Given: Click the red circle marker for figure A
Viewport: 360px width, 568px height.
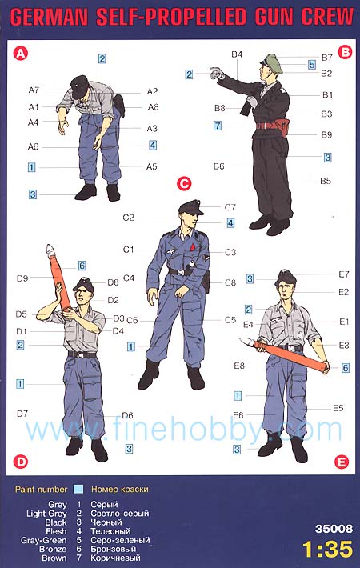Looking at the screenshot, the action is click(x=20, y=54).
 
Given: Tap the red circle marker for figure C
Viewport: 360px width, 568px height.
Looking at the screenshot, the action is click(x=184, y=183).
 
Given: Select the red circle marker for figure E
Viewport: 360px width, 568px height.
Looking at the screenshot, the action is click(x=342, y=462).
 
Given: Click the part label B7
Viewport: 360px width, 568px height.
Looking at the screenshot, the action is click(x=326, y=58).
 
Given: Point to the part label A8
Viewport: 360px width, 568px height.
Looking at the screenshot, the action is click(x=153, y=107).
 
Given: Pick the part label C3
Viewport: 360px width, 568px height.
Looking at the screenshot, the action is click(x=230, y=252).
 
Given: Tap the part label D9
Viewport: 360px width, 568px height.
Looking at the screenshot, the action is click(x=22, y=278).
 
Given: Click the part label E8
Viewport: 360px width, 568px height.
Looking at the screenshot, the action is click(x=239, y=366).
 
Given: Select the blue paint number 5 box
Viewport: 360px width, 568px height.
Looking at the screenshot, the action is click(x=312, y=65).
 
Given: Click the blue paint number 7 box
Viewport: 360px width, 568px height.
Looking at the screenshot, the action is click(x=218, y=126).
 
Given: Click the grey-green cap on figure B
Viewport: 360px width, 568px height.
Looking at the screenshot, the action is click(x=272, y=63).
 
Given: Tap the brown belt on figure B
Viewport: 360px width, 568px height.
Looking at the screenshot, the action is click(x=270, y=126).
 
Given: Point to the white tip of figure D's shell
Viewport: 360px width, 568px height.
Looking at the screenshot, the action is click(x=50, y=249).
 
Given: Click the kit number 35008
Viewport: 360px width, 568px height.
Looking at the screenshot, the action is click(x=334, y=529).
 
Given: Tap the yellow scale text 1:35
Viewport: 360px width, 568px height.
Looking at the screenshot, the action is click(x=328, y=549).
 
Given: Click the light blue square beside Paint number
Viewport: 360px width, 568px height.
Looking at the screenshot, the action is click(x=78, y=489).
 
